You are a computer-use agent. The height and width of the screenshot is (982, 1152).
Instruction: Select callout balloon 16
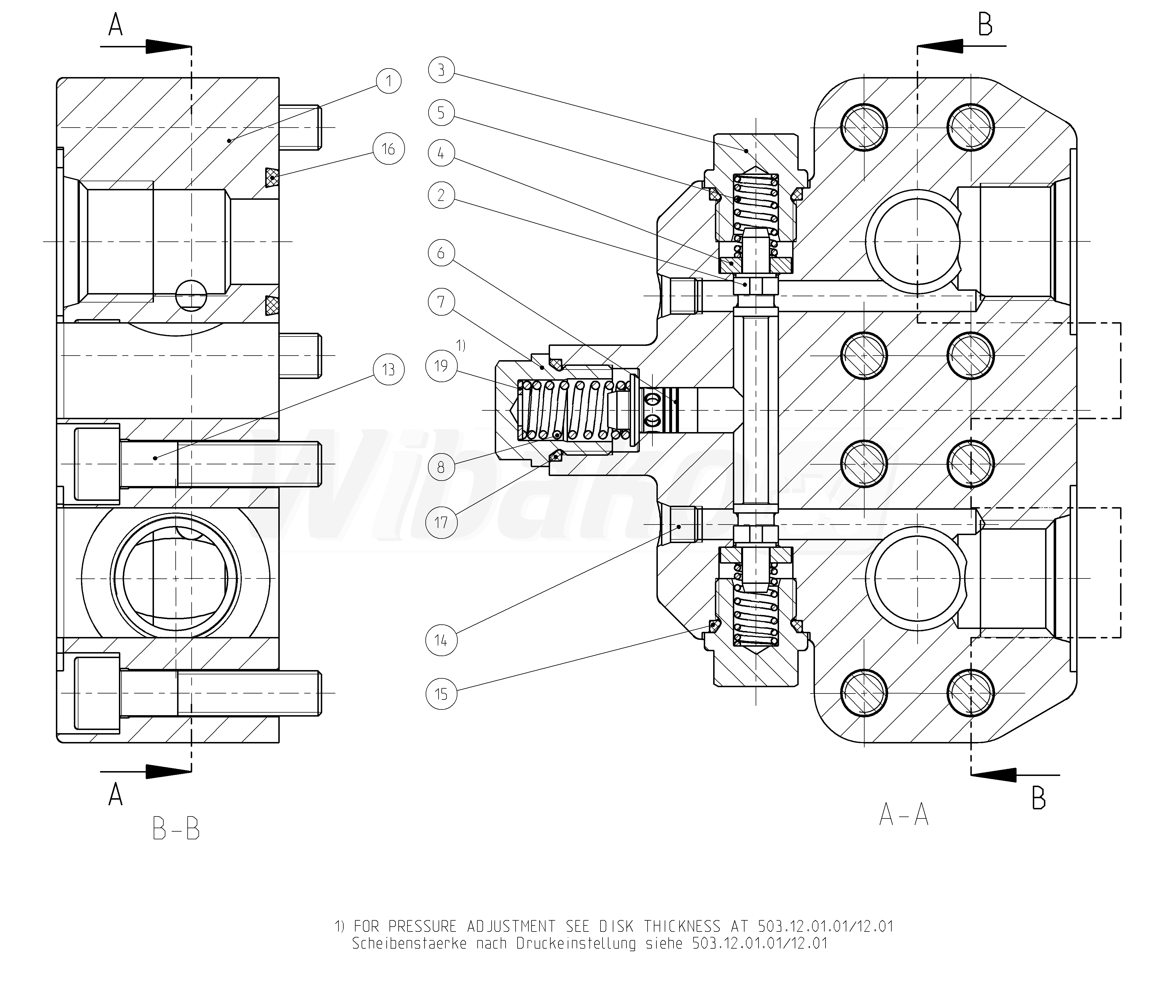point(389,149)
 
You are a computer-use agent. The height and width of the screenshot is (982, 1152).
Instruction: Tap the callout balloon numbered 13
point(389,370)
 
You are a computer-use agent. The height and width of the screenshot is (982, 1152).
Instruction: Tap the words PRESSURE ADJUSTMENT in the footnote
point(471,926)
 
